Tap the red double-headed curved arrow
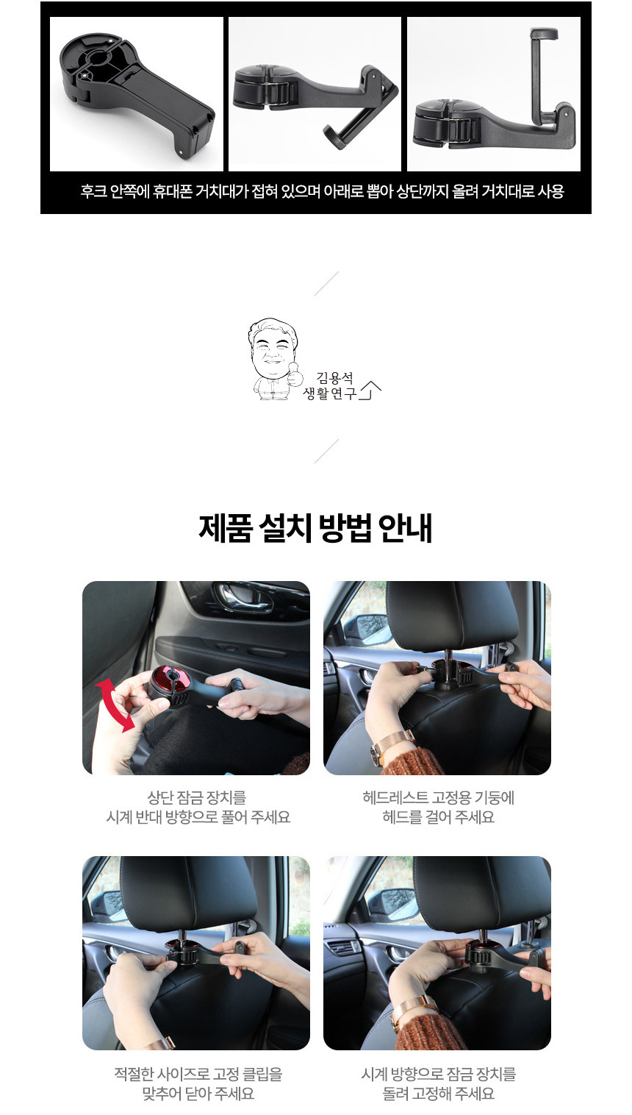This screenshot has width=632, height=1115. tap(115, 705)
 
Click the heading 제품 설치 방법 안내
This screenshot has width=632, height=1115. tap(315, 527)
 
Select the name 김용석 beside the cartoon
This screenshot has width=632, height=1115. tap(334, 378)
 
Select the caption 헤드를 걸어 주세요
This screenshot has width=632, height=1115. tap(438, 817)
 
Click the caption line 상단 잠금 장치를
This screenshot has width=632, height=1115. tap(197, 797)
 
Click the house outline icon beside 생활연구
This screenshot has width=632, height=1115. tap(370, 391)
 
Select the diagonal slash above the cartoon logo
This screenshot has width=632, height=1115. tap(326, 283)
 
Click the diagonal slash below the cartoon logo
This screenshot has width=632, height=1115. tap(326, 450)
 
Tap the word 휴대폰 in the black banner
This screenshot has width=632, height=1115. tap(172, 190)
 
